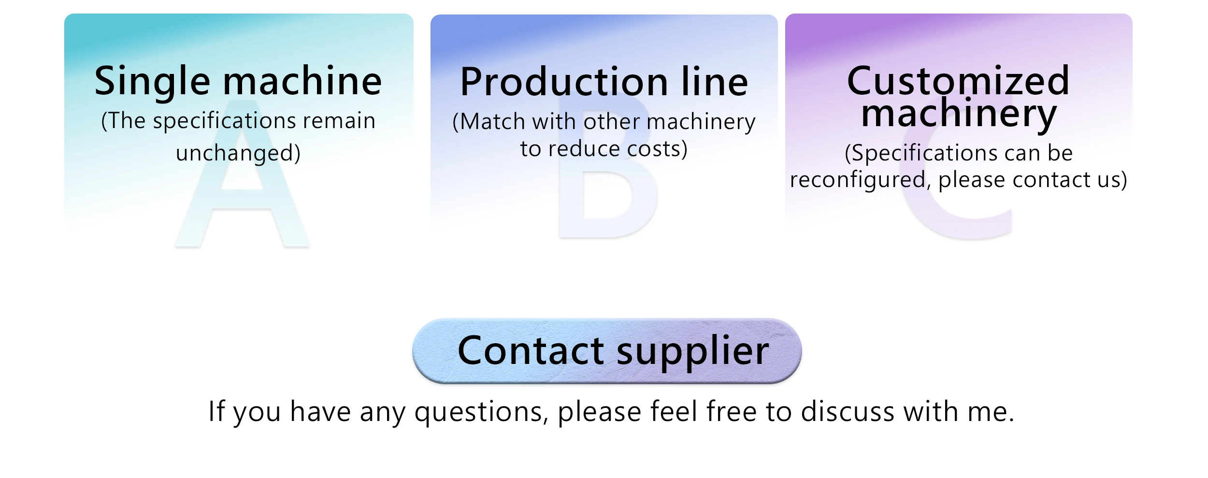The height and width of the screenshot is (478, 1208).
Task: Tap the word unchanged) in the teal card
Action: click(x=238, y=153)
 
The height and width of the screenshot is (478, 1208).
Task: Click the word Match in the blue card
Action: click(x=493, y=122)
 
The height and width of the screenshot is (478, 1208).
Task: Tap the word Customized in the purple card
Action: click(x=958, y=81)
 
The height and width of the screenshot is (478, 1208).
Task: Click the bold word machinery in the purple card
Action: click(x=959, y=114)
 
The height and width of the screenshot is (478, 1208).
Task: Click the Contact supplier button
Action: click(x=606, y=350)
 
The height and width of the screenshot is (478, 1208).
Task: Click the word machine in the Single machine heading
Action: click(x=302, y=81)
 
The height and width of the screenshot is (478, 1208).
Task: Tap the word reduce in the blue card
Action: click(x=584, y=149)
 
